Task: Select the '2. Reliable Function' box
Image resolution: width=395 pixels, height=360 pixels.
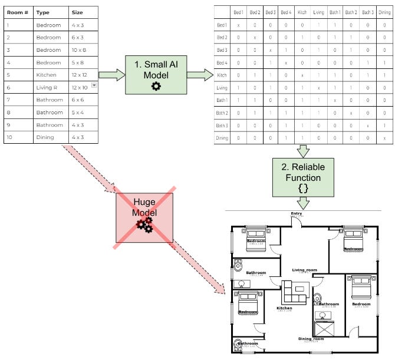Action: pyautogui.click(x=303, y=177)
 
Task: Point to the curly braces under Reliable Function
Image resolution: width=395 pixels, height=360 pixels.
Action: pyautogui.click(x=303, y=189)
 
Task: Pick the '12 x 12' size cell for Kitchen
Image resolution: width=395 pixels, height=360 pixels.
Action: pyautogui.click(x=79, y=75)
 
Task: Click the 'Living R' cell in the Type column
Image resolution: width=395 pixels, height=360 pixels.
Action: pyautogui.click(x=46, y=87)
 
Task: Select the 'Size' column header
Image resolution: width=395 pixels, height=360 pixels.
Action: pyautogui.click(x=78, y=12)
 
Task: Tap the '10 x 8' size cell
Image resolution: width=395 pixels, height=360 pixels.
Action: pyautogui.click(x=79, y=49)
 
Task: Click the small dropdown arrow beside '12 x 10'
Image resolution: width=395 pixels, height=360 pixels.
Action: pyautogui.click(x=94, y=86)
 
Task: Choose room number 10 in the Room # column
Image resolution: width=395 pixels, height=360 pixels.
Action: pyautogui.click(x=9, y=137)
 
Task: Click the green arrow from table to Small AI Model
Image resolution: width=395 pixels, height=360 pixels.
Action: pyautogui.click(x=112, y=75)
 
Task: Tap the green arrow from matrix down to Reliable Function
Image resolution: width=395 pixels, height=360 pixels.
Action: pyautogui.click(x=303, y=151)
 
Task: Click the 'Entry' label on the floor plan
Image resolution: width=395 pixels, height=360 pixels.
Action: pyautogui.click(x=297, y=214)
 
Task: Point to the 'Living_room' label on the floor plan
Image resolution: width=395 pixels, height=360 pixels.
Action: pyautogui.click(x=304, y=270)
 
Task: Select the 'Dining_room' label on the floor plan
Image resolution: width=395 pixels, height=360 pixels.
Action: pyautogui.click(x=311, y=339)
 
